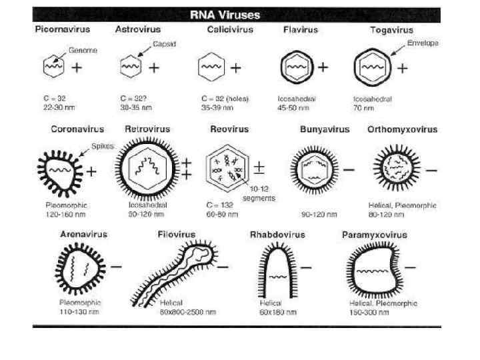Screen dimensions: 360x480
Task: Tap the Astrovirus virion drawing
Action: pos(131,67)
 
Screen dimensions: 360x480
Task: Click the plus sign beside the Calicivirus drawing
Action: pos(235,67)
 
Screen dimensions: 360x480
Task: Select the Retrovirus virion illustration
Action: pos(148,168)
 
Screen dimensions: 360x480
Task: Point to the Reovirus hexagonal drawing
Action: pos(227,169)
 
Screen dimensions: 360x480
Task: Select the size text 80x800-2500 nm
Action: pos(187,311)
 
